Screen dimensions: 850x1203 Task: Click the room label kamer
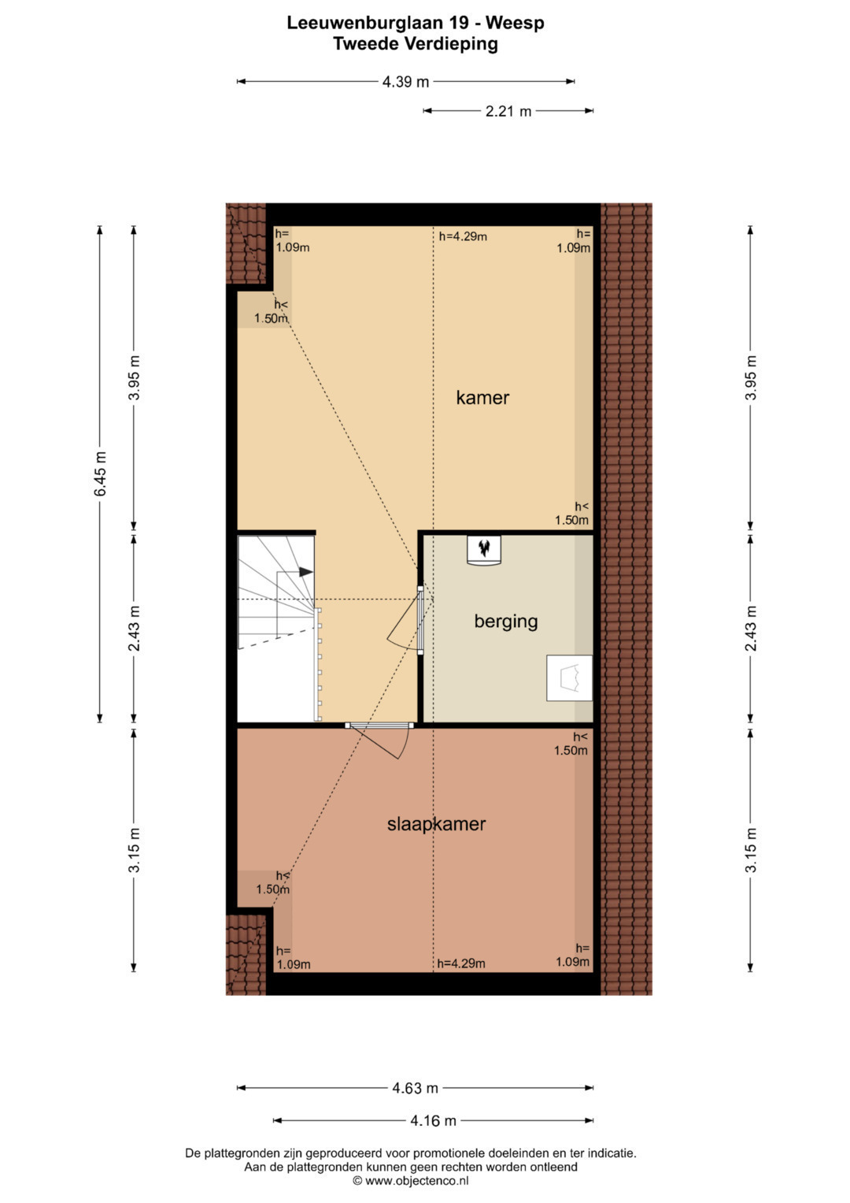pyautogui.click(x=482, y=398)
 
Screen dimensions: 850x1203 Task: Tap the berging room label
pyautogui.click(x=505, y=622)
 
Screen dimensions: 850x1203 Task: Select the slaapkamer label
pyautogui.click(x=436, y=824)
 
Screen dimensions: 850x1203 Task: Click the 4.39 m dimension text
pyautogui.click(x=405, y=82)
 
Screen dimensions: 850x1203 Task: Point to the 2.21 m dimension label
pyautogui.click(x=508, y=111)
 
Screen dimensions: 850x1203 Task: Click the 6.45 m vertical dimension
pyautogui.click(x=101, y=473)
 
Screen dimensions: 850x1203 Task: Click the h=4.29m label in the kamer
pyautogui.click(x=463, y=236)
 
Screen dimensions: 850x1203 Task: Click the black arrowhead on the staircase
pyautogui.click(x=306, y=572)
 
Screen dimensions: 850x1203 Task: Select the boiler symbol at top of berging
pyautogui.click(x=484, y=551)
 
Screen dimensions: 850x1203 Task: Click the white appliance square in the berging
pyautogui.click(x=569, y=678)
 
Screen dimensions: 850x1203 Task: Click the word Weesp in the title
pyautogui.click(x=516, y=23)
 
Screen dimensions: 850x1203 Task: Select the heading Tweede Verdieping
pyautogui.click(x=416, y=44)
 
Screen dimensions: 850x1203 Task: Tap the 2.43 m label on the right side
pyautogui.click(x=751, y=629)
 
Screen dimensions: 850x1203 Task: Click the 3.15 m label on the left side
pyautogui.click(x=134, y=850)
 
